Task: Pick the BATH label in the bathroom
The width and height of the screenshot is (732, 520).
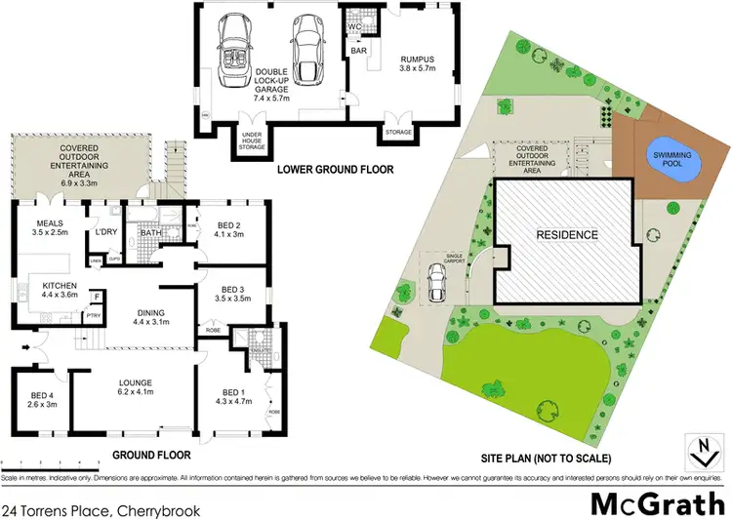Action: click(x=150, y=233)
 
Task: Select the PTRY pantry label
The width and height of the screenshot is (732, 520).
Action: click(x=96, y=315)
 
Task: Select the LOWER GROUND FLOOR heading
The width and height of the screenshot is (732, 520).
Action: click(x=335, y=170)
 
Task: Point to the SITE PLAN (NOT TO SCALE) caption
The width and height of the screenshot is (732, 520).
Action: click(x=548, y=458)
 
